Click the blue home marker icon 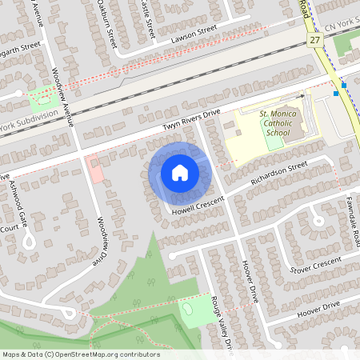tap(179, 173)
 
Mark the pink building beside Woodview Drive tap(95, 169)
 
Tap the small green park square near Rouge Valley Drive tap(193, 310)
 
